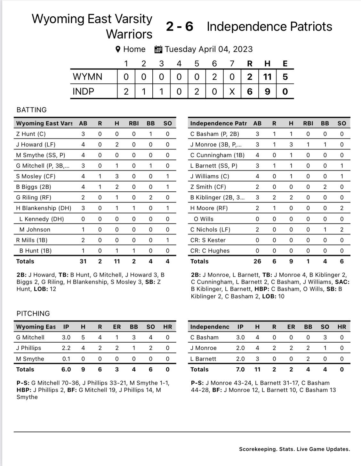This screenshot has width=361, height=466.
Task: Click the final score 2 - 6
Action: [180, 27]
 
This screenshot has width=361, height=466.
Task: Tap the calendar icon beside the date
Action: [158, 49]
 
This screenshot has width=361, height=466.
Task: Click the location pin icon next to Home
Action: [118, 49]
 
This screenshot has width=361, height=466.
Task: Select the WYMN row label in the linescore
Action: [87, 77]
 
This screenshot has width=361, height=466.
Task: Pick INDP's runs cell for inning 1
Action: [126, 92]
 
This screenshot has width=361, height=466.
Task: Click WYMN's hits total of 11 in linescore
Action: [267, 77]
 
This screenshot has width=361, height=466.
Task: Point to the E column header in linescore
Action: [285, 64]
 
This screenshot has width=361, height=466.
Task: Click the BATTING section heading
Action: [31, 110]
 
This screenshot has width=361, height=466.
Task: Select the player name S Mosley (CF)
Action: [36, 176]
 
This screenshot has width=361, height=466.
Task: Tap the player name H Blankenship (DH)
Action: [44, 208]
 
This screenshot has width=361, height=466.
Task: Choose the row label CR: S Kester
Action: [208, 240]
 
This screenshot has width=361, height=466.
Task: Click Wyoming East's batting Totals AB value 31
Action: [83, 261]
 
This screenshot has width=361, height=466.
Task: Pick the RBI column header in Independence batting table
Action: [308, 123]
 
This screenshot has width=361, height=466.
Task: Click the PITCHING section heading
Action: [33, 313]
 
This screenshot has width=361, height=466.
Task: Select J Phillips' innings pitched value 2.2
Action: [66, 348]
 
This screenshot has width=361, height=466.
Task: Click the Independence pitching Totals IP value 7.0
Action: [240, 369]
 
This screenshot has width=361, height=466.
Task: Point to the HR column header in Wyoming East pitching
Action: [167, 327]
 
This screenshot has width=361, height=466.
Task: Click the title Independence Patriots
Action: [269, 27]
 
